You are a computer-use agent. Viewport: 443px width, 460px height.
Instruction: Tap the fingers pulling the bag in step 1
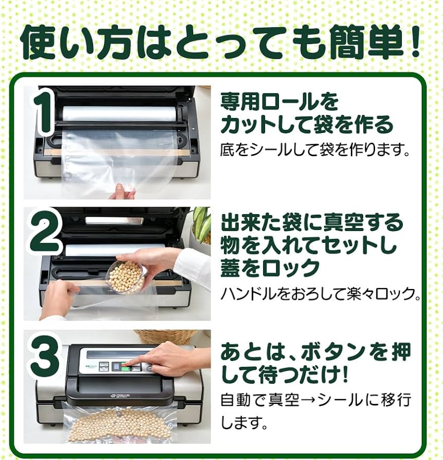(122, 191)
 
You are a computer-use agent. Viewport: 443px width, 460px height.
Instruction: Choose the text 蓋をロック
(270, 268)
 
